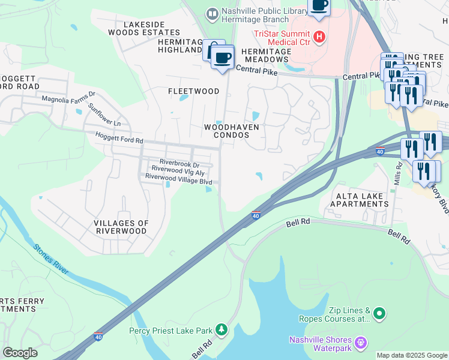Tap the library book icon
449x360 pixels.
(211, 13)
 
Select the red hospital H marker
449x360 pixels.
(319, 37)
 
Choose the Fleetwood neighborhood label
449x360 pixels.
(193, 91)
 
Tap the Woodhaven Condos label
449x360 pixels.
(226, 131)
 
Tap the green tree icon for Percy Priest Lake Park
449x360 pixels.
(222, 329)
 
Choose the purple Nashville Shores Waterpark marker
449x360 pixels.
(360, 343)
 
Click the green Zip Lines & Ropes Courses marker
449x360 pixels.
(379, 313)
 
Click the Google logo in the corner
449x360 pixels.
(20, 353)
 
